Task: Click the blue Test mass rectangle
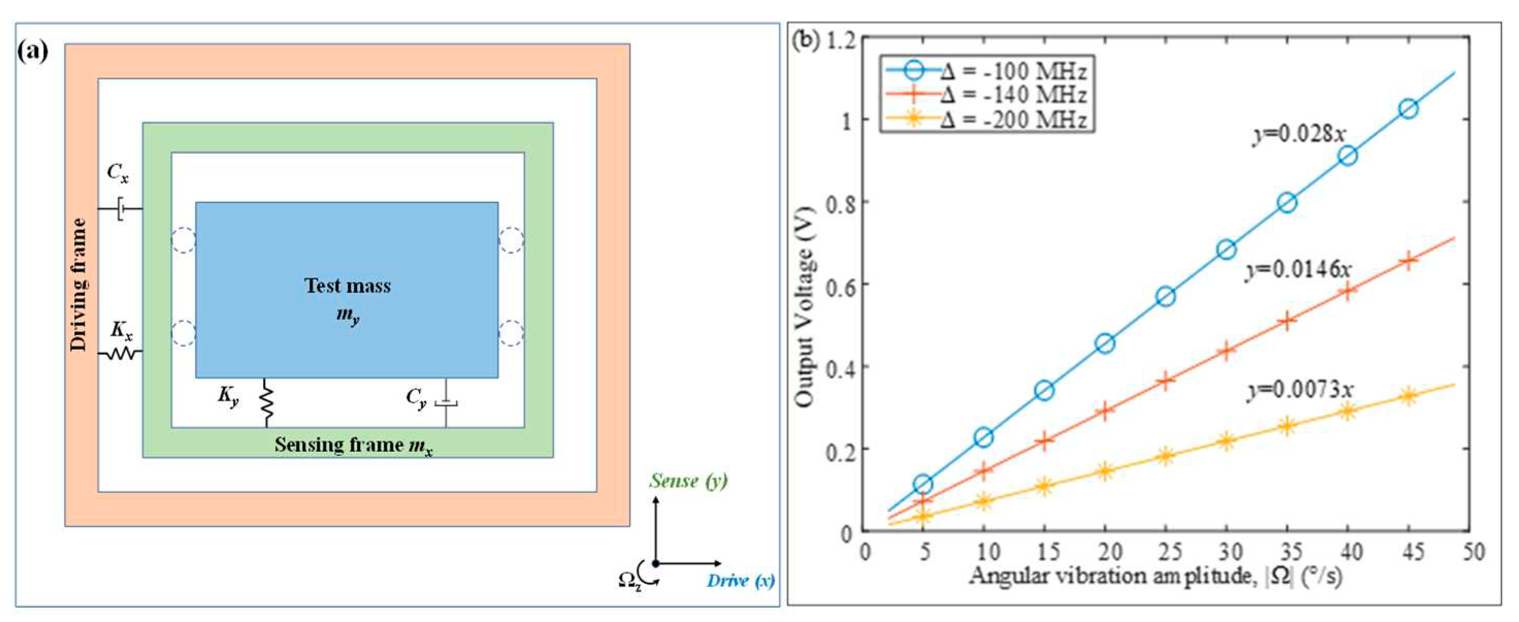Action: pyautogui.click(x=346, y=290)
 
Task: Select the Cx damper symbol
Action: pyautogui.click(x=120, y=208)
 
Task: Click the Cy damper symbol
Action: pyautogui.click(x=446, y=403)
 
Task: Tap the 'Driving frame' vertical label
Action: pyautogui.click(x=78, y=285)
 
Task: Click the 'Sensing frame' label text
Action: pyautogui.click(x=353, y=445)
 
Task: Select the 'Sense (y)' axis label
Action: pyautogui.click(x=688, y=481)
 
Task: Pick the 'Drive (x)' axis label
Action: pyautogui.click(x=740, y=581)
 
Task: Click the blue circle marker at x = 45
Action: pyautogui.click(x=1408, y=109)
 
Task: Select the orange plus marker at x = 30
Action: pyautogui.click(x=1227, y=351)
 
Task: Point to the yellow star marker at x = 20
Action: pyautogui.click(x=1105, y=470)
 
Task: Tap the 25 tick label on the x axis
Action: pyautogui.click(x=1166, y=552)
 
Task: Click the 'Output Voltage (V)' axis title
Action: pyautogui.click(x=805, y=306)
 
